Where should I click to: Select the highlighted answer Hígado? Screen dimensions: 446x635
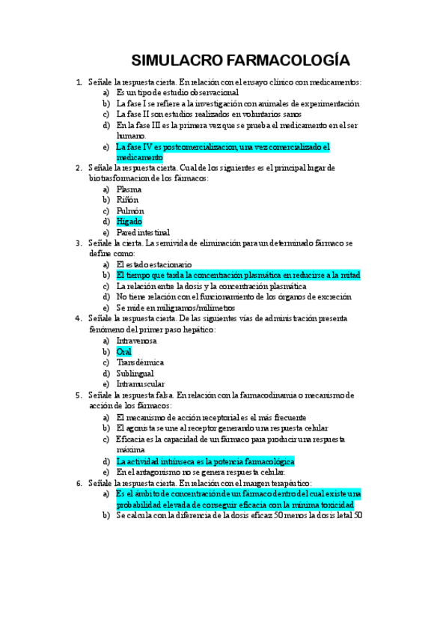(129, 222)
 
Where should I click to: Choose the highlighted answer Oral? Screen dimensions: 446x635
(123, 351)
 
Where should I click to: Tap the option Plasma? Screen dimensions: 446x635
(129, 189)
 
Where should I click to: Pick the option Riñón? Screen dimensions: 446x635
(128, 200)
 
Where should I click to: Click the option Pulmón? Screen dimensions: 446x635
(130, 211)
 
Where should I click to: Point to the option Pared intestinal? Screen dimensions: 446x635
(143, 233)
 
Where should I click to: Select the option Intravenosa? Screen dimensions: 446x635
(137, 341)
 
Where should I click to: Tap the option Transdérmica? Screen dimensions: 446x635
(140, 362)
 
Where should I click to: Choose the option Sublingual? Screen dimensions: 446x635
(135, 373)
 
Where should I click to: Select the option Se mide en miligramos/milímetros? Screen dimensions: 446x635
(176, 308)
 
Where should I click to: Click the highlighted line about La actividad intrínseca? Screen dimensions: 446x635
(205, 462)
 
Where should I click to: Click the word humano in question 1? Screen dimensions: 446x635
(131, 136)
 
